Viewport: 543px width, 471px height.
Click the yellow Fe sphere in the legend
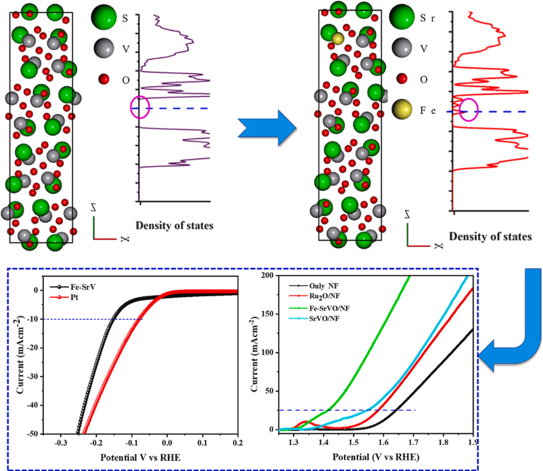coord(405,111)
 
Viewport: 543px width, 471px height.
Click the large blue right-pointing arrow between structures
coord(267,127)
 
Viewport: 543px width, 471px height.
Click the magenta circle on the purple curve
coord(140,106)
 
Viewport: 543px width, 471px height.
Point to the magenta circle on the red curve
coord(468,110)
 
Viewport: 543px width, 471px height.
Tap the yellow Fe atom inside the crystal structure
coord(338,39)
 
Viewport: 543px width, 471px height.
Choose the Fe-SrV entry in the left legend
coord(69,285)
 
